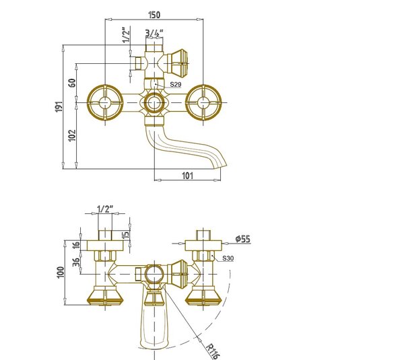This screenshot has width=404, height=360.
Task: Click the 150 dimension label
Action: point(155,15)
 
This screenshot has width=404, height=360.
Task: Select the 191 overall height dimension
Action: point(59,106)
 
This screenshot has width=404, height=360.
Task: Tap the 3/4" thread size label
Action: point(154,33)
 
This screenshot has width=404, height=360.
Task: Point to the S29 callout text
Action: point(176,84)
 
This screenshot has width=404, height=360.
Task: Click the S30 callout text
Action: point(228,258)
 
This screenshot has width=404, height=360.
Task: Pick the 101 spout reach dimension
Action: point(188,176)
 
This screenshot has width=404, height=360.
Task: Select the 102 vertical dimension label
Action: point(73,135)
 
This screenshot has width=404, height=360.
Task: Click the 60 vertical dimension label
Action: point(73,83)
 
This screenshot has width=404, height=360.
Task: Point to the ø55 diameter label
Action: point(242,239)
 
